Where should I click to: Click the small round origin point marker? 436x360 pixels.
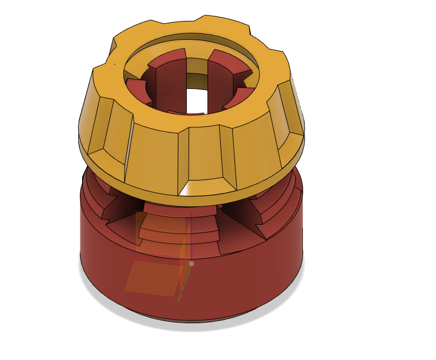click(191, 264)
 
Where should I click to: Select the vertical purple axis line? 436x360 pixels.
click(191, 238)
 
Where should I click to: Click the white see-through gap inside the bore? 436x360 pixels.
click(196, 100)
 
